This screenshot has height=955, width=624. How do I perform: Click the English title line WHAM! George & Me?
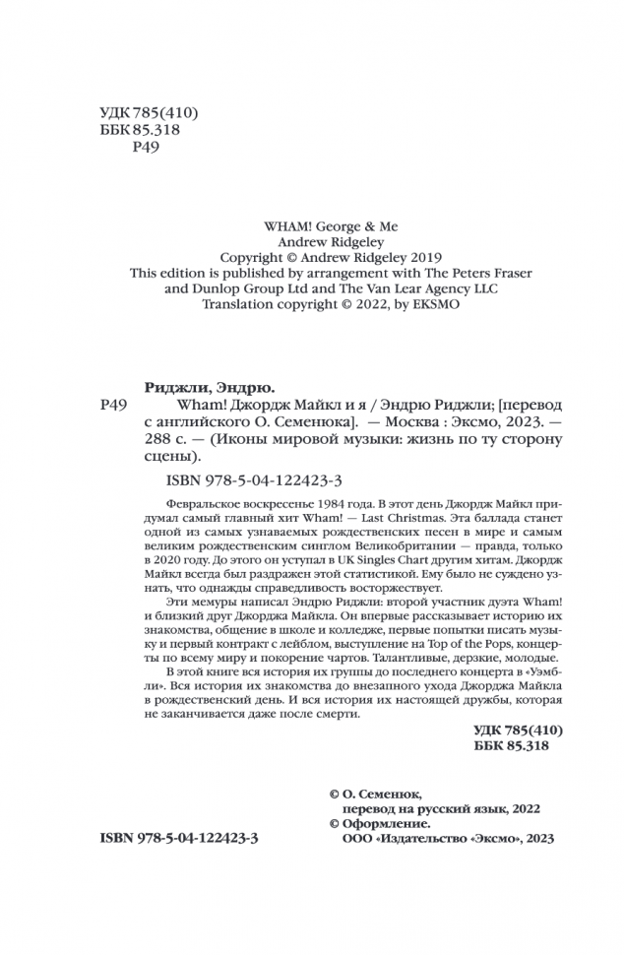(x=312, y=223)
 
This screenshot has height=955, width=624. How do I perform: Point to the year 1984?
(x=306, y=506)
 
